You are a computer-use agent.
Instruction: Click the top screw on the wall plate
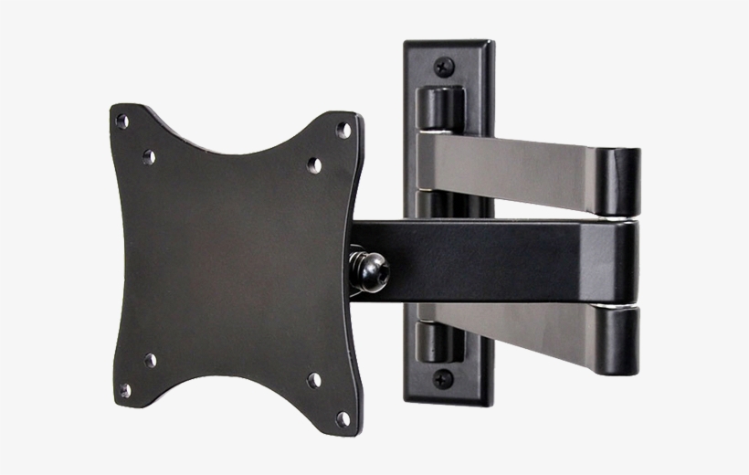point(445,66)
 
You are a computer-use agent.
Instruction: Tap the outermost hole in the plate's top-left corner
point(121,121)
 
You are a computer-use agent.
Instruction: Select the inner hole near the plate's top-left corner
point(148,156)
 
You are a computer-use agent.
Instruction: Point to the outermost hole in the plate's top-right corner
point(343,130)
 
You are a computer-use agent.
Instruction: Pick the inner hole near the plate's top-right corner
point(313,165)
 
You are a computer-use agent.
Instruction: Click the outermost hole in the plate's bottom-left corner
point(124,390)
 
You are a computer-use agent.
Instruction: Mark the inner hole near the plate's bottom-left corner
point(150,360)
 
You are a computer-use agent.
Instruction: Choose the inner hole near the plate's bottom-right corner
point(313,379)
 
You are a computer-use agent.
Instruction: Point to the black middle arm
point(493,260)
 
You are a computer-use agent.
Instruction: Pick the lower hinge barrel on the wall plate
point(440,343)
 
